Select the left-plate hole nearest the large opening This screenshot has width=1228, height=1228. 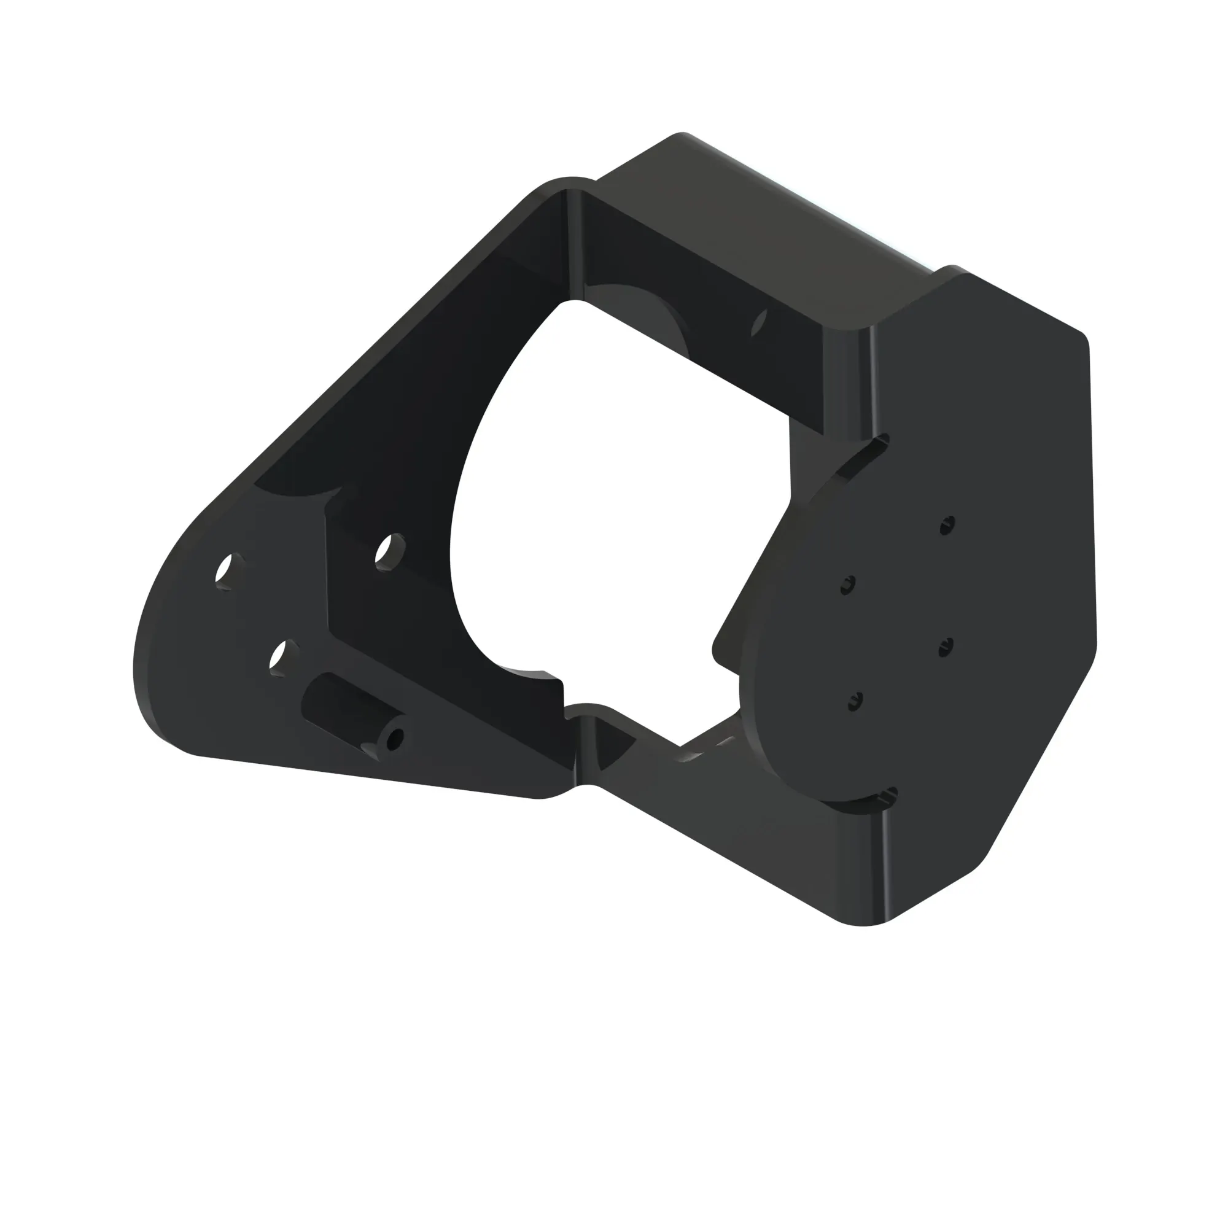(x=390, y=551)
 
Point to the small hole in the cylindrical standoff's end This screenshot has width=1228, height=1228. (x=395, y=739)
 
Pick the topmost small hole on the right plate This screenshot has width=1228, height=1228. (x=947, y=525)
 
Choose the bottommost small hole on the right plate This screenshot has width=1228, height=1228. (x=855, y=701)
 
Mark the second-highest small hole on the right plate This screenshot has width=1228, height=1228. (x=847, y=585)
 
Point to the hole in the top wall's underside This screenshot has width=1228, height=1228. (x=759, y=322)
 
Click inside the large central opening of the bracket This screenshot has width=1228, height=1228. (x=610, y=483)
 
